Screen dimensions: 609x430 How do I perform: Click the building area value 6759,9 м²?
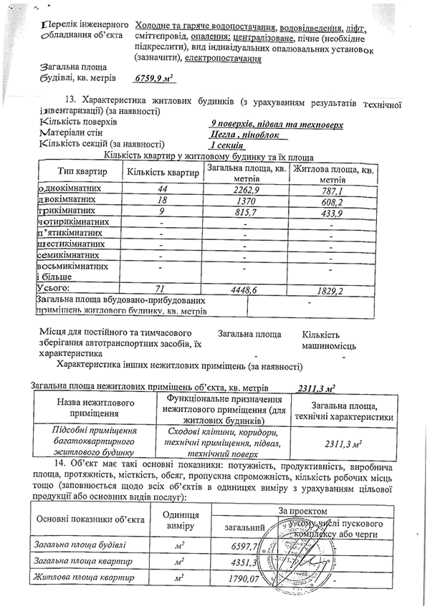pos(155,80)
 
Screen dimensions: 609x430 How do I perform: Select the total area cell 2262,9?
pos(244,189)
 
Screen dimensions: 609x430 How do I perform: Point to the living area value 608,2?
pos(331,201)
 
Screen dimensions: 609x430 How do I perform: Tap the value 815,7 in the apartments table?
pos(244,214)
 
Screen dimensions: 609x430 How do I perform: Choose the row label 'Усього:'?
pos(52,287)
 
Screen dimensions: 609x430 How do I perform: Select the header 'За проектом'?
pos(307,512)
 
